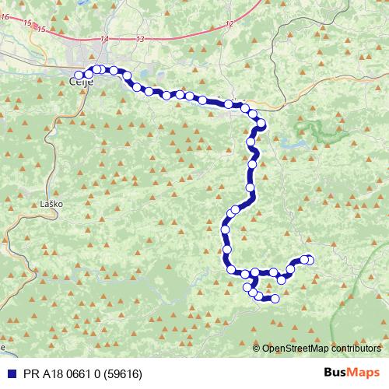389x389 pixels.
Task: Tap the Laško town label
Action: (51, 204)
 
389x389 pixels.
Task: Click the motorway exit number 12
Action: (229, 25)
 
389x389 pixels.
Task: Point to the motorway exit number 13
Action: (140, 39)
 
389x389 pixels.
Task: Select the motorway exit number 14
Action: (105, 38)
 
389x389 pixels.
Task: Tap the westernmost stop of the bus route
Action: (79, 75)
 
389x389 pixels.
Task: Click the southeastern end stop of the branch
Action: (275, 298)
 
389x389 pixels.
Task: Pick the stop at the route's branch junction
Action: (255, 273)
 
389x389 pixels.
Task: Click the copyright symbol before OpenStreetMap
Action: (257, 349)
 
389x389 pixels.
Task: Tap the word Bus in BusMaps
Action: (335, 373)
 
